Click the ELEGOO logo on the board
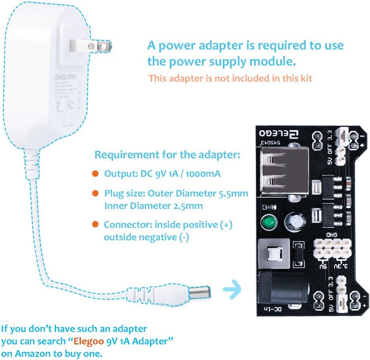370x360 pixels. [282, 133]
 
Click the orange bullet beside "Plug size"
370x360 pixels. [95, 193]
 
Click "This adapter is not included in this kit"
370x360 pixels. [230, 78]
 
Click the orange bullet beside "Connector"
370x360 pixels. [95, 224]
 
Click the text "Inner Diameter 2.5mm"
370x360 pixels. [153, 206]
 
